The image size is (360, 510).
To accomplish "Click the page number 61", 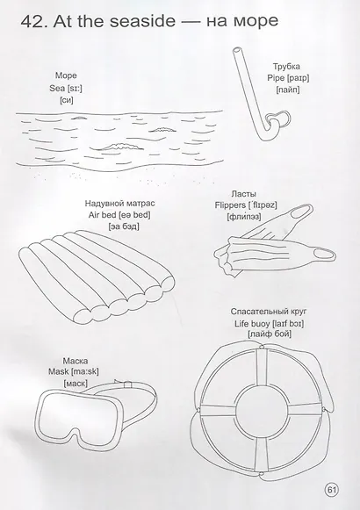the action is click(331, 490).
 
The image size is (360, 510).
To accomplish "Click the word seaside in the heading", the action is click(142, 21).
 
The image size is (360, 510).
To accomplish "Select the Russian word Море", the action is click(66, 75).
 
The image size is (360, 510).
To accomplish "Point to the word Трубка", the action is click(286, 67).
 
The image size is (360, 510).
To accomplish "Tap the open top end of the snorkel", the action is click(238, 51).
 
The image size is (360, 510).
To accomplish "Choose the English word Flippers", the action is click(230, 205).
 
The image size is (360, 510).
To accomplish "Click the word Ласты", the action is click(243, 194).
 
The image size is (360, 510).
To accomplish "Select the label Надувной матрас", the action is click(120, 204).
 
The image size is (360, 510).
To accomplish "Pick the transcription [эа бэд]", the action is click(124, 226).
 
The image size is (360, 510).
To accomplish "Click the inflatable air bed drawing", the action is click(97, 277).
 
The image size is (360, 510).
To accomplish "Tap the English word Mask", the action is click(59, 371).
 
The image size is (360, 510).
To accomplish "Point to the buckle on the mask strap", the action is click(128, 384).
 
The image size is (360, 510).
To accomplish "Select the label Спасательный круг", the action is click(269, 312).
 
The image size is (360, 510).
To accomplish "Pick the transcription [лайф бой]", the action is click(270, 334).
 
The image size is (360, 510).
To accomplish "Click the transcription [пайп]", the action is click(288, 90).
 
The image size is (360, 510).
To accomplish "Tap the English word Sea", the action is click(57, 88).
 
